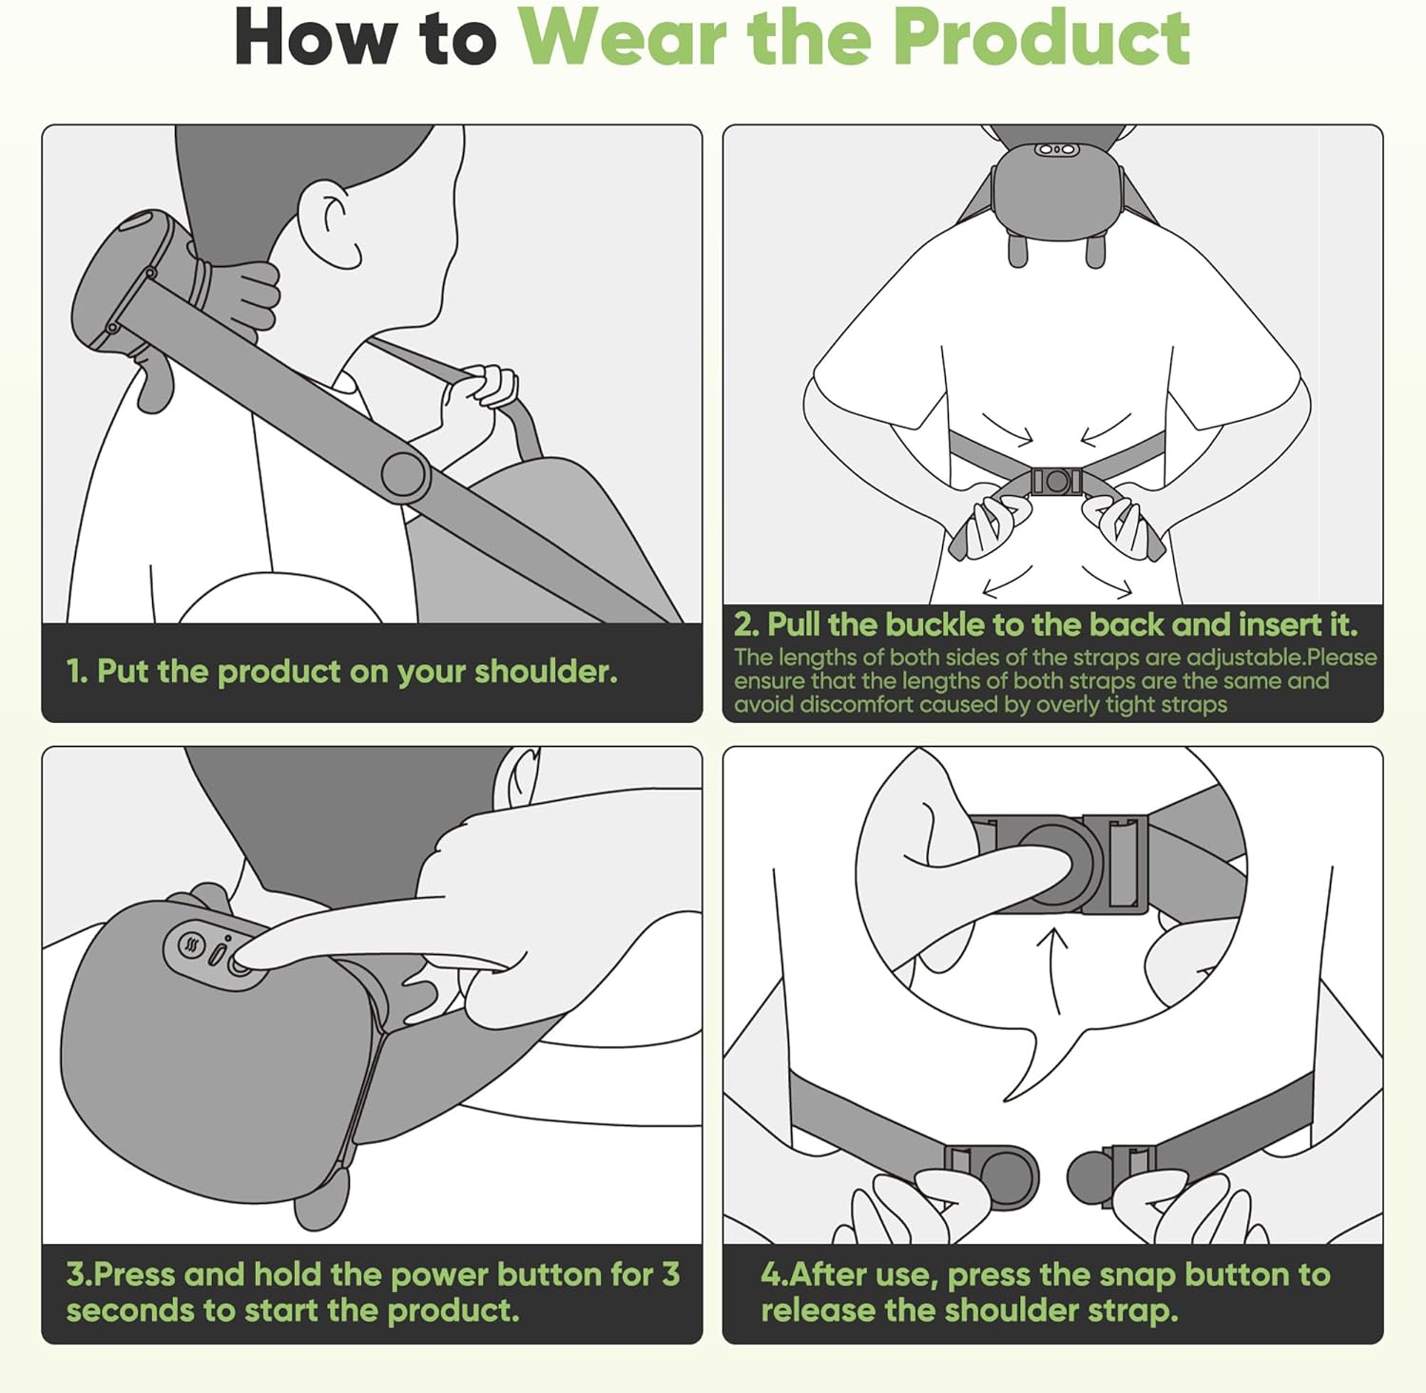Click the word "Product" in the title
pos(1041,38)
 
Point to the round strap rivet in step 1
pos(404,474)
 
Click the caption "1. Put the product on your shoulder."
pos(342,672)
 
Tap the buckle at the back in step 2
pos(1056,482)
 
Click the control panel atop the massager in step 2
pos(1055,150)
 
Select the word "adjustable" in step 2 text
pos(1244,658)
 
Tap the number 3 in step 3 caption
pos(671,1274)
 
